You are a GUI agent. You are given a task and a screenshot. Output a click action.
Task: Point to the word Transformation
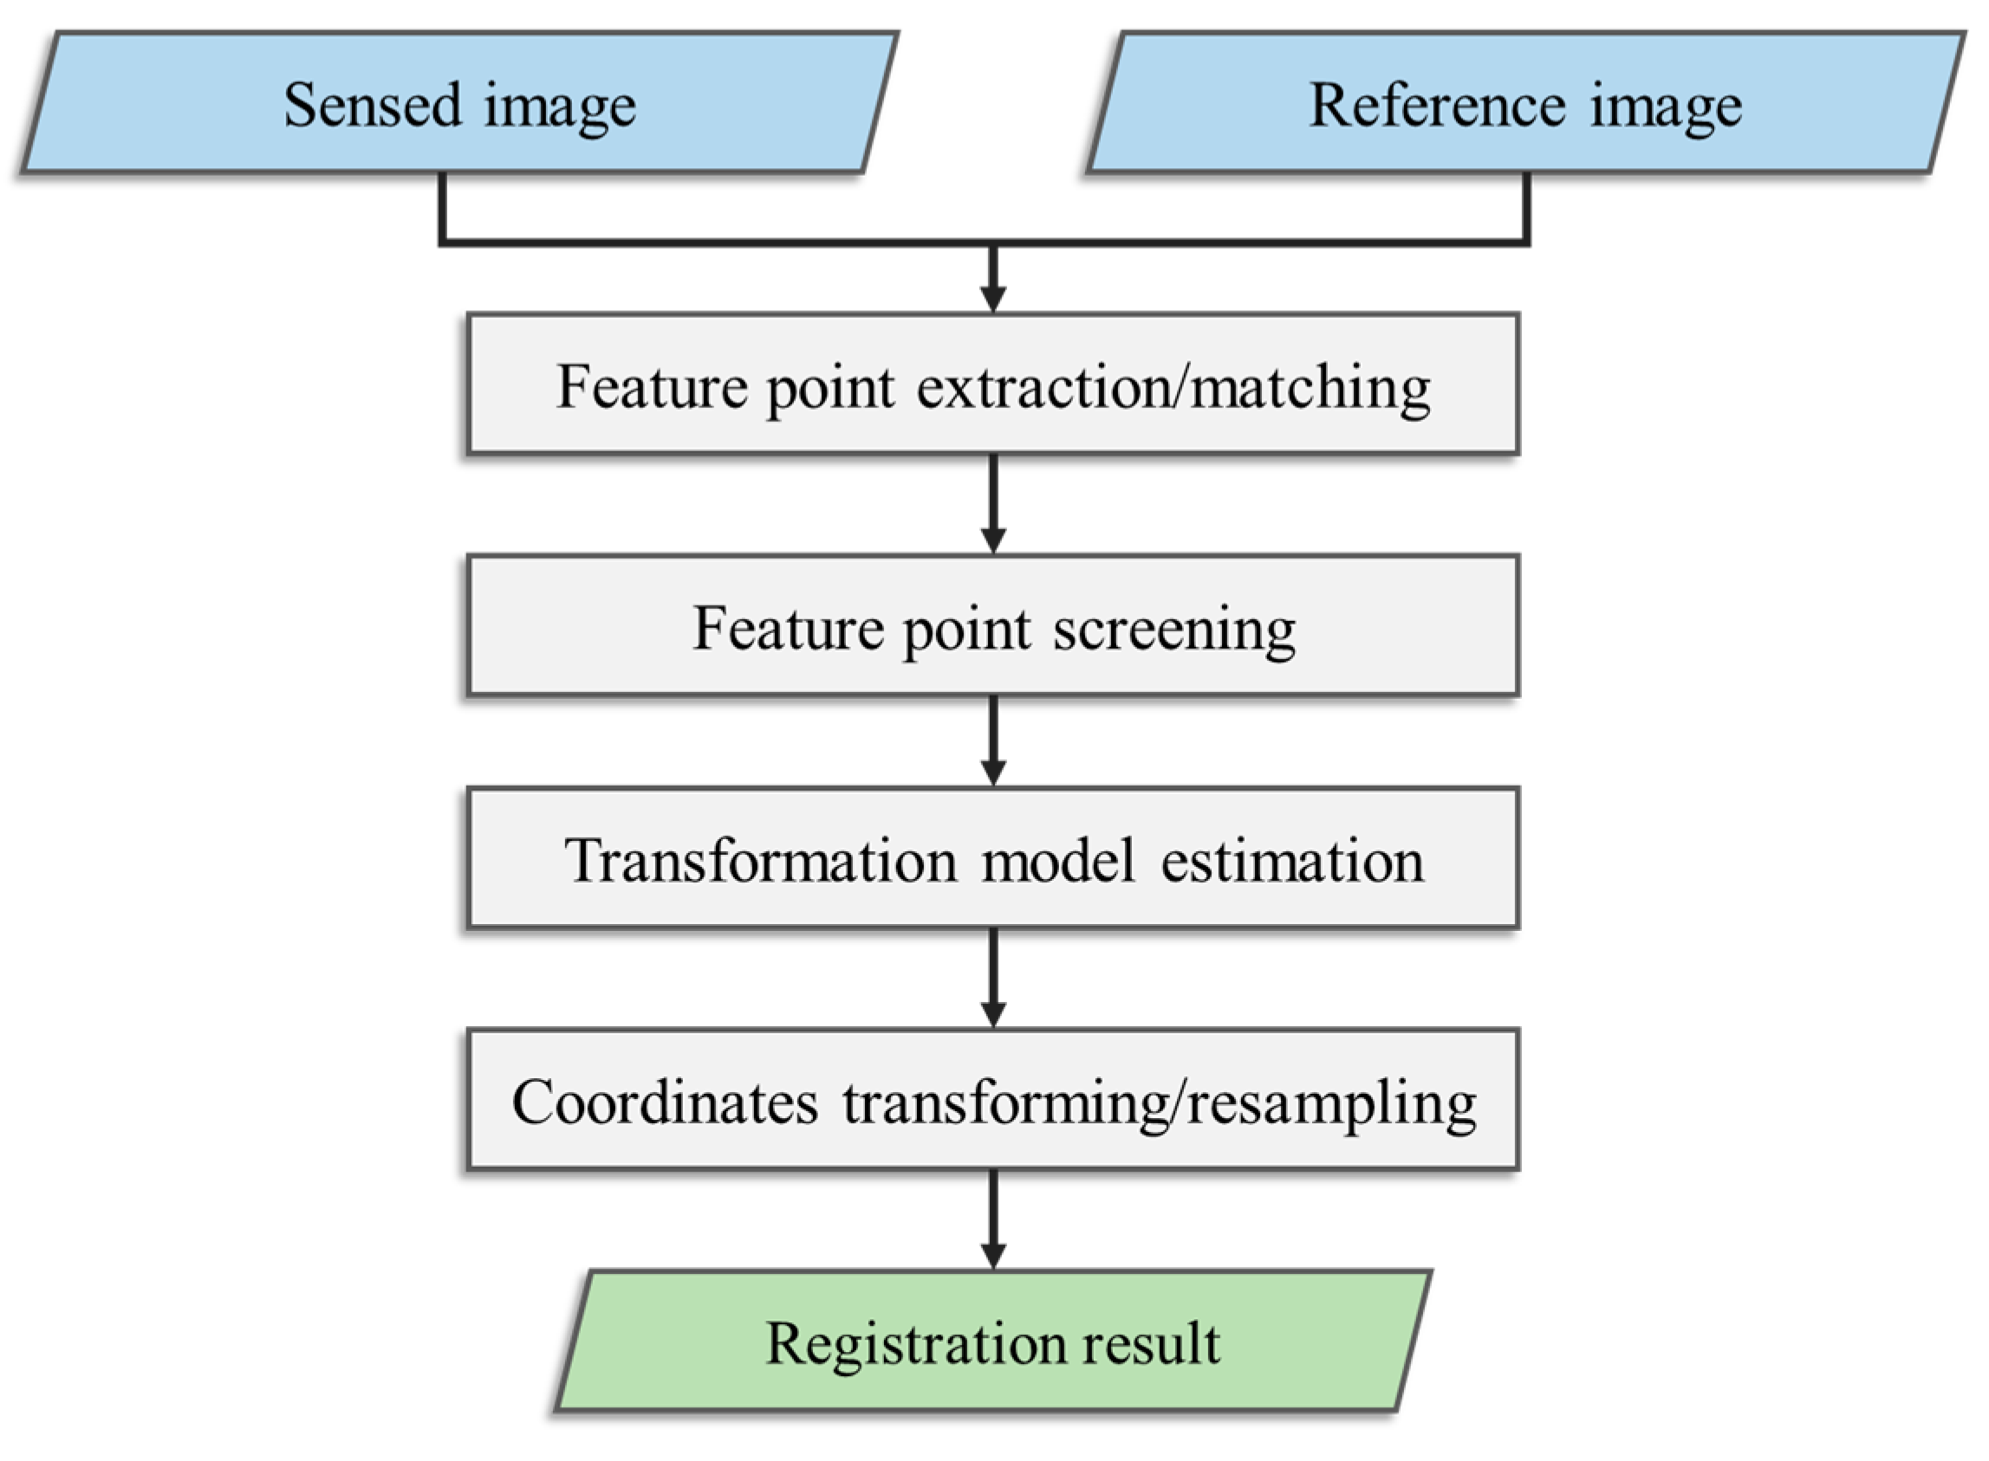760,861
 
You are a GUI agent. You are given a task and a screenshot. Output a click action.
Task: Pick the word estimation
1292,861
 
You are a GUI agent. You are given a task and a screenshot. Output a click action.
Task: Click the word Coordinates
665,1102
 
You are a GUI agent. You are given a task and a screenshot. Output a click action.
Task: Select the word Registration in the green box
915,1344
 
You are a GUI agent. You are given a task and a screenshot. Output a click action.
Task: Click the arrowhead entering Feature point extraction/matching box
992,298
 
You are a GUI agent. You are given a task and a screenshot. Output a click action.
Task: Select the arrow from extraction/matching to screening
992,504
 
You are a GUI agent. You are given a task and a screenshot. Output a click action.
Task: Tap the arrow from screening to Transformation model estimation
992,741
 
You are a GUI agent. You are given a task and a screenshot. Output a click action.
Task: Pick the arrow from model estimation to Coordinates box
992,978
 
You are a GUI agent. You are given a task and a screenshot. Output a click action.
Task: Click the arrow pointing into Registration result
992,1220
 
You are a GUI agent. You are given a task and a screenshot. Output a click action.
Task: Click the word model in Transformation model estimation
1058,861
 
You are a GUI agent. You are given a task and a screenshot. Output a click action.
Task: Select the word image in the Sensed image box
559,107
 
